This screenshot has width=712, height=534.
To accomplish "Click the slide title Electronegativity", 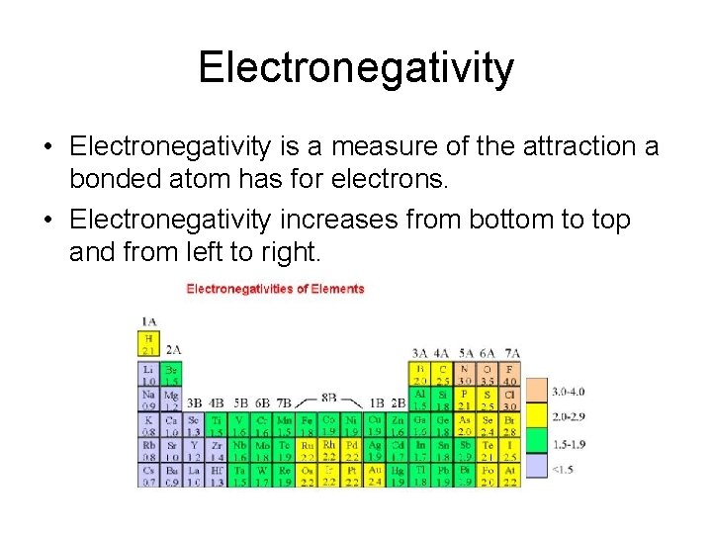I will point(356,68).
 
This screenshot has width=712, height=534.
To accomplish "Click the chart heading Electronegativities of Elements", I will point(276,289).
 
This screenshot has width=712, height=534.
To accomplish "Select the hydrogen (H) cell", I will point(148,343).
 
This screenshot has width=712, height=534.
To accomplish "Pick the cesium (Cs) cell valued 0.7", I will point(148,476).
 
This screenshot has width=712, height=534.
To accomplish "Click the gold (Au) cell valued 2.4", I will point(375,476).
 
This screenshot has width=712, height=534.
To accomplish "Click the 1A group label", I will point(148,321).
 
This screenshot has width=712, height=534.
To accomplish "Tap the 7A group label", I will point(511,353).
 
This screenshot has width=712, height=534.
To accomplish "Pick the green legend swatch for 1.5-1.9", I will point(536,442).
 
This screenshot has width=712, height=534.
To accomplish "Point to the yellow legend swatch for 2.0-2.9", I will point(536,416).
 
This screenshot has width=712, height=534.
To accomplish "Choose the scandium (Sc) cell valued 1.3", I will point(194,425).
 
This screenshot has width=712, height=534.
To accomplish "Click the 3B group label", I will point(194,402).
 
